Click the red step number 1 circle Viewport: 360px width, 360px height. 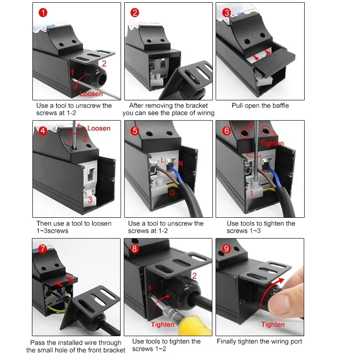[x=43, y=13]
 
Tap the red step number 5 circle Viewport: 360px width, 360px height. [x=135, y=131]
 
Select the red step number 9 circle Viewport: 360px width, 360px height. [x=226, y=249]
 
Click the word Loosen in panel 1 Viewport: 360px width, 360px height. [x=91, y=94]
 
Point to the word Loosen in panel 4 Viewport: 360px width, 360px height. [x=99, y=128]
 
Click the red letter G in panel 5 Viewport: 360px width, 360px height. [x=172, y=193]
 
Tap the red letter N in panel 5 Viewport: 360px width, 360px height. [x=180, y=163]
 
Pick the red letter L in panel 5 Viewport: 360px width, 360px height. [x=162, y=160]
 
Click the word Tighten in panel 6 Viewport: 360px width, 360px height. [x=272, y=143]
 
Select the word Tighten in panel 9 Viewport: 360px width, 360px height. [x=273, y=324]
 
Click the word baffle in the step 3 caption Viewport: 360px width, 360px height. [x=280, y=106]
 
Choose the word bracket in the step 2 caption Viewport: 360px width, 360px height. [x=197, y=106]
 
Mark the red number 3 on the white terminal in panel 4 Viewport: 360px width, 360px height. [x=90, y=200]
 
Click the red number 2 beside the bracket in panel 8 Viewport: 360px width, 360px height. [x=194, y=276]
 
